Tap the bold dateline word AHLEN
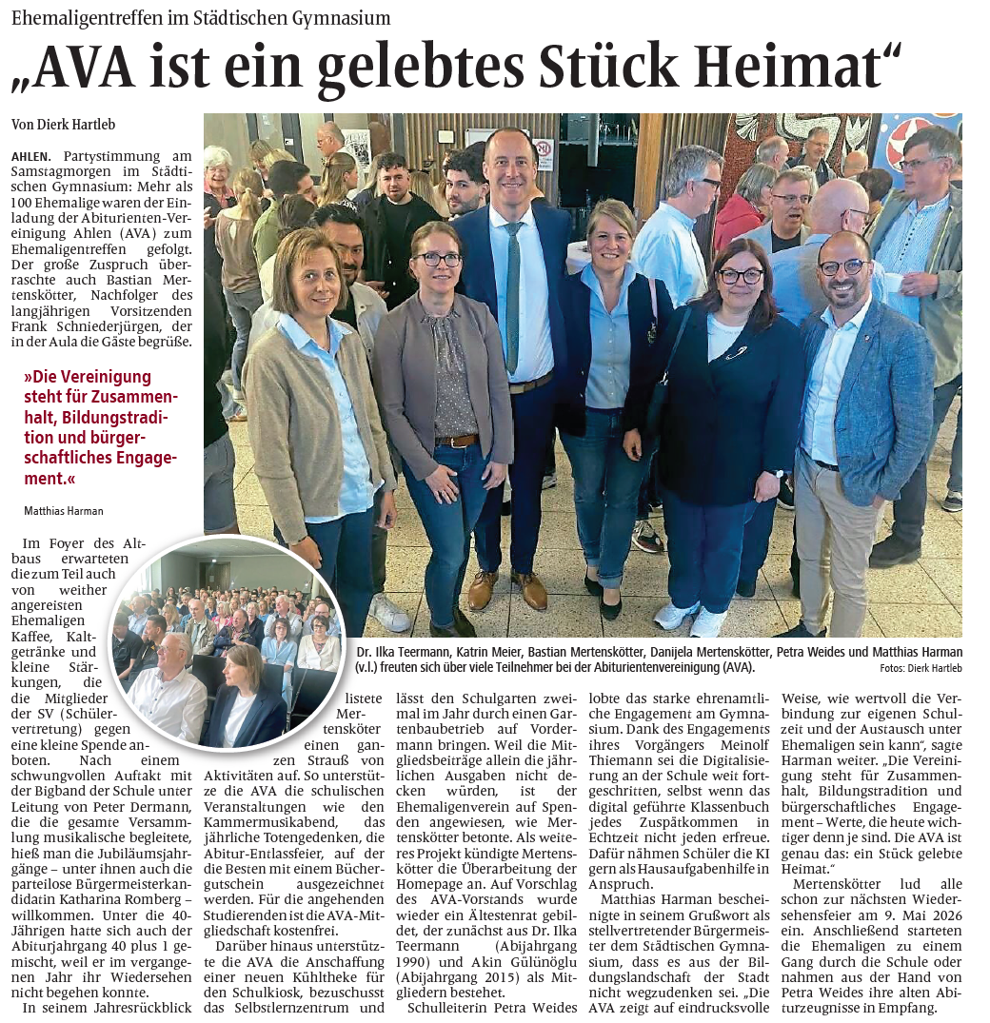pos(31,155)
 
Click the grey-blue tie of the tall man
pos(513,295)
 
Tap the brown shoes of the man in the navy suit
pos(505,587)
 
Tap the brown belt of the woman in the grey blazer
pos(457,440)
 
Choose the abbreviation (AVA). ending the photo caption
pos(737,668)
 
